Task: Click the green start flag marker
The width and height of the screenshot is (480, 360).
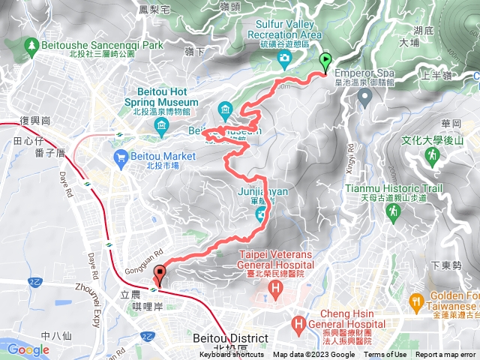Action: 325,62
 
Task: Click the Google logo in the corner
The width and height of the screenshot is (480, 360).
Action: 28,349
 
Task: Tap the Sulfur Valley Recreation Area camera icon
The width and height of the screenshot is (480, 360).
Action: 284,58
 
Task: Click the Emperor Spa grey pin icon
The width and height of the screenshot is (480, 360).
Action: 364,97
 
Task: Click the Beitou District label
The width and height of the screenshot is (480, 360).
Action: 229,339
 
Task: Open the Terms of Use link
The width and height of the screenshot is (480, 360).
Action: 385,355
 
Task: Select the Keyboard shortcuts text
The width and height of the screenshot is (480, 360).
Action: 232,355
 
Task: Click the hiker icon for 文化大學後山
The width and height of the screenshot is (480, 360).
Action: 431,155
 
